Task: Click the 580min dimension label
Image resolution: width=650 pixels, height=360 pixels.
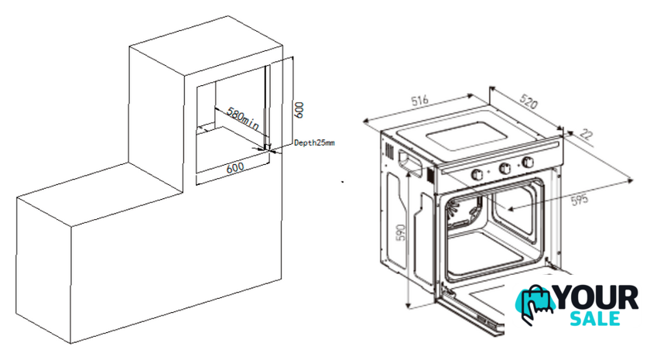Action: [243, 118]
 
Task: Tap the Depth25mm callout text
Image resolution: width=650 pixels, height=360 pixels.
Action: [314, 142]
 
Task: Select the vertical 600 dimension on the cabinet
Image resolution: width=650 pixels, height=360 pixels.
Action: [299, 110]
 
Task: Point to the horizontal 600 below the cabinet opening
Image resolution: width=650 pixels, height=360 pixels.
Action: [235, 167]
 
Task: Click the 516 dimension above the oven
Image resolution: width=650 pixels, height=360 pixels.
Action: [419, 101]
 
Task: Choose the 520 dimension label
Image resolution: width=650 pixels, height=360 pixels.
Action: [528, 101]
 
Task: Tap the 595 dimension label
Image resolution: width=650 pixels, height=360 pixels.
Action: [580, 200]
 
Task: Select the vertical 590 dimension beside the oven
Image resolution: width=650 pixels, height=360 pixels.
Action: [400, 234]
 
